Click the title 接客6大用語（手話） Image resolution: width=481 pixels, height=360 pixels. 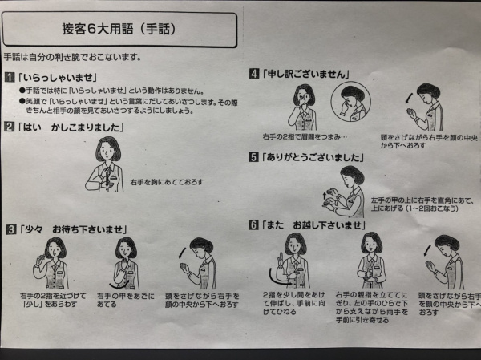coord(119,29)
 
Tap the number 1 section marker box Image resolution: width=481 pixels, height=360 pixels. coord(9,77)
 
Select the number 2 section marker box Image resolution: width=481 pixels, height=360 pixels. coord(9,127)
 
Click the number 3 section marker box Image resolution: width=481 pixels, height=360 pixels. coord(9,229)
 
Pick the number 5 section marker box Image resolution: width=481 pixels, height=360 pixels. coord(253,156)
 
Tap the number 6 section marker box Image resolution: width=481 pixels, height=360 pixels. coord(253,224)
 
